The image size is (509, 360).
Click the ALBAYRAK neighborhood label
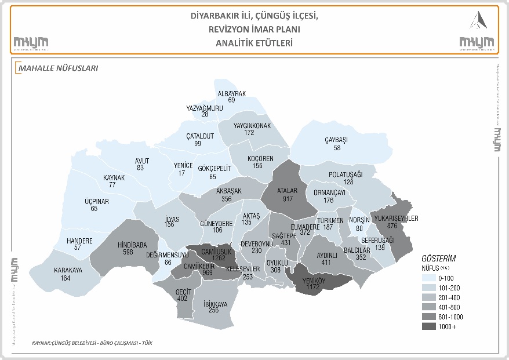click(232, 93)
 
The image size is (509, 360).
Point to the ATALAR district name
click(287, 190)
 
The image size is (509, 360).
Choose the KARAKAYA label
click(68, 270)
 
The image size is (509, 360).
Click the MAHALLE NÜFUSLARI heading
click(58, 68)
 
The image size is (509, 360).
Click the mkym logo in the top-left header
click(31, 42)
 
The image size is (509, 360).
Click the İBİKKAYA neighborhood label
click(215, 303)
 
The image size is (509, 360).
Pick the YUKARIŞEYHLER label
click(397, 219)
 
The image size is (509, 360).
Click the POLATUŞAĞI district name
click(346, 174)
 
